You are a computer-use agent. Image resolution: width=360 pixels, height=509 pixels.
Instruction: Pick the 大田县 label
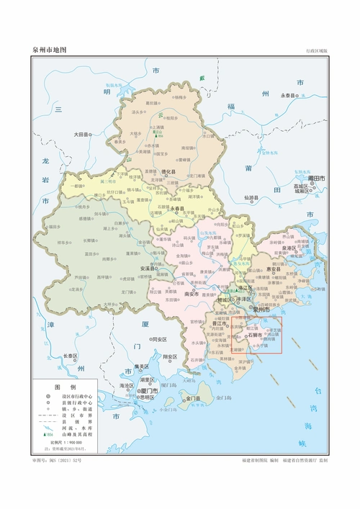point(82,135)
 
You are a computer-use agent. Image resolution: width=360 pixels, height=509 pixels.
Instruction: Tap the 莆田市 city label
point(317,177)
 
